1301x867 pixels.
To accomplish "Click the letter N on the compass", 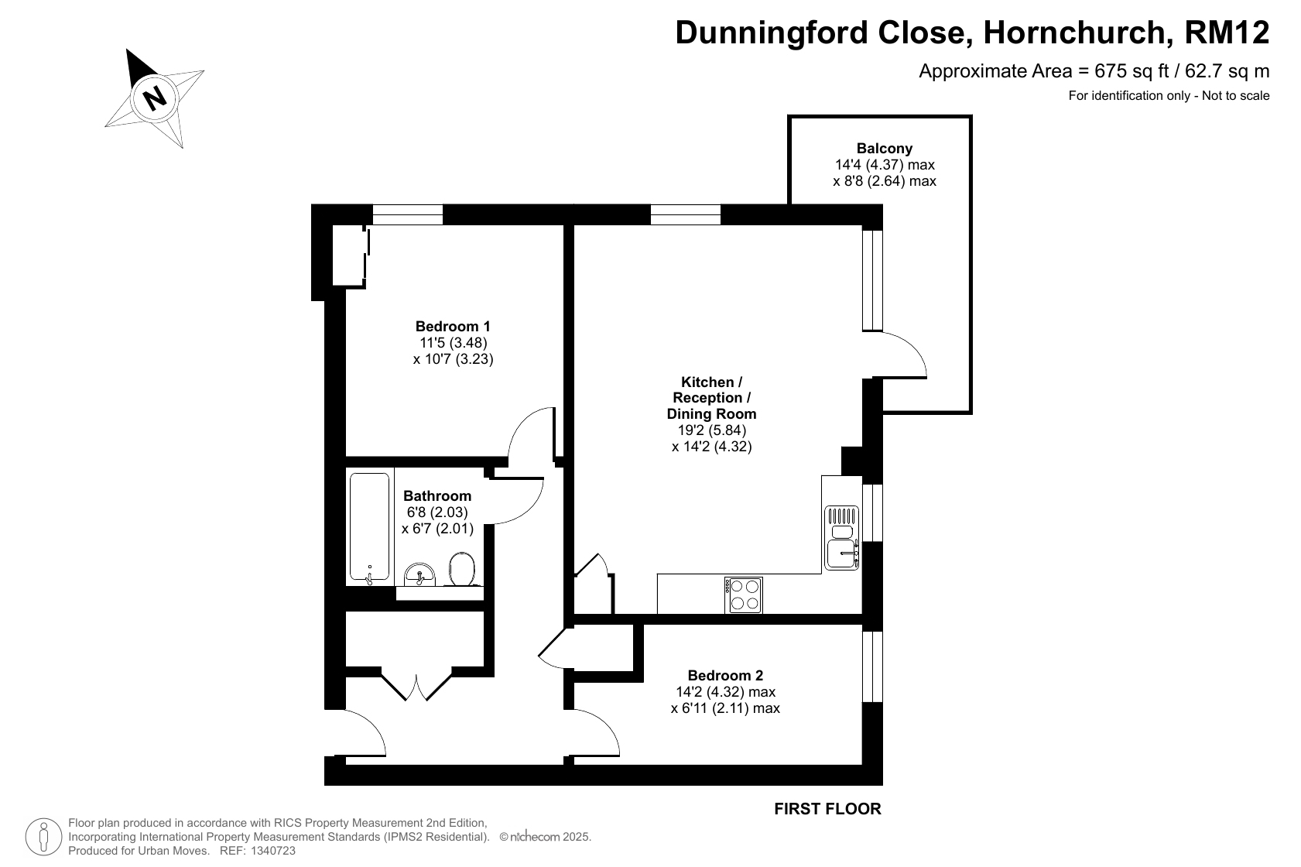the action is coord(155,98).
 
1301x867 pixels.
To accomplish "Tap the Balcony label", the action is coord(885,148).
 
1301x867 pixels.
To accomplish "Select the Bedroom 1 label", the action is coord(453,326).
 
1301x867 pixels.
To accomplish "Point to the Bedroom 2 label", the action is coord(725,675).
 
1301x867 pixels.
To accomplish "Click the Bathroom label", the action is coord(437,495).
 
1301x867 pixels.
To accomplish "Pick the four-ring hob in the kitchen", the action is coord(744,595).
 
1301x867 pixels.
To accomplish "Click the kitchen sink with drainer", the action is coord(841,537).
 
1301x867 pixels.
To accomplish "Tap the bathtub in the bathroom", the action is coord(369,526).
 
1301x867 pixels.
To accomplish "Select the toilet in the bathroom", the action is coord(462,569).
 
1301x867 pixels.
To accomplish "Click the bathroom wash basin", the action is coord(419,574).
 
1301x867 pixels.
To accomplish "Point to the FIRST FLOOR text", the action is coord(827,809).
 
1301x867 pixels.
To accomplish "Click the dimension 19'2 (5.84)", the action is coord(712,430).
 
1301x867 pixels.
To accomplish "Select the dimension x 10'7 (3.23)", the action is coord(453,359).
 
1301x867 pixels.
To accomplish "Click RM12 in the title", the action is coord(1227,32).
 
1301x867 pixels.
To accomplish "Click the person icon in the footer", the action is coord(43,837).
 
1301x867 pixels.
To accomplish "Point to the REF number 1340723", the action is coord(273,851).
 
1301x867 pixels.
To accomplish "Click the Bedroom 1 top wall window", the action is coord(408,214).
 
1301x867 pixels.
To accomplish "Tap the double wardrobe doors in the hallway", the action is coord(416,686).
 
